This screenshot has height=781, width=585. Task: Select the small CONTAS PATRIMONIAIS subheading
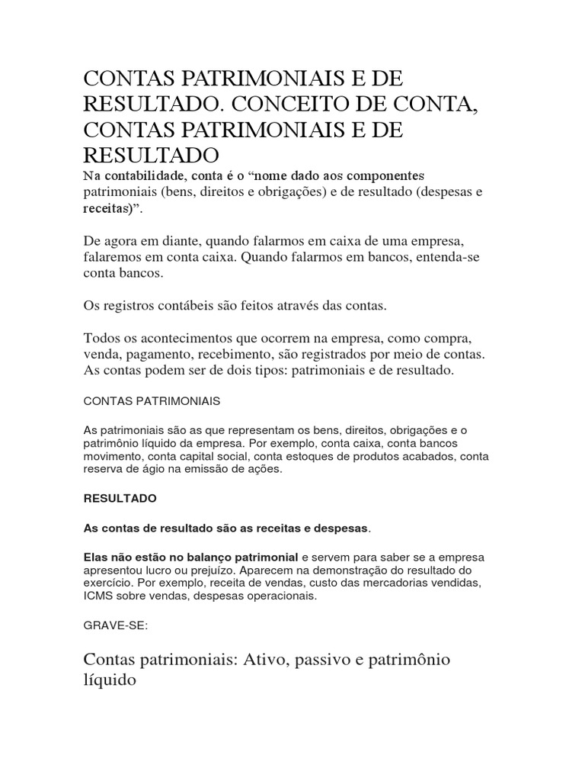152,400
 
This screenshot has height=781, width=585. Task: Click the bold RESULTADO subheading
119,498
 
